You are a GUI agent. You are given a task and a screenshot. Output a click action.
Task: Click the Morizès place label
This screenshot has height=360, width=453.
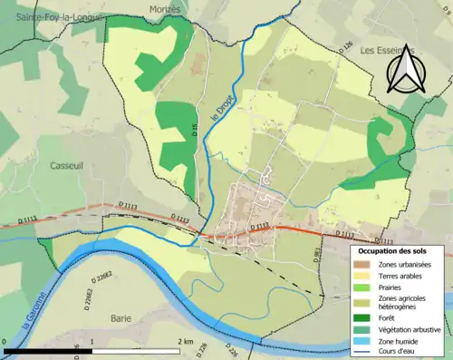[x=166, y=8]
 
